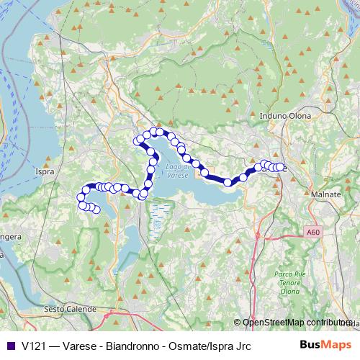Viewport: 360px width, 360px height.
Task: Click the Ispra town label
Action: click(x=45, y=172)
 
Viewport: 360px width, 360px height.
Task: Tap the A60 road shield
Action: click(x=311, y=233)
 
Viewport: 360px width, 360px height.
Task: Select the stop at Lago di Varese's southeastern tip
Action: click(x=228, y=182)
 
